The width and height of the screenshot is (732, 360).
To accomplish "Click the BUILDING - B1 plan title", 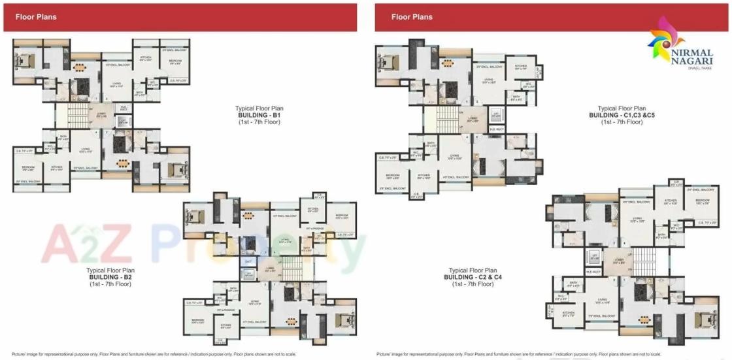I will coord(258,115).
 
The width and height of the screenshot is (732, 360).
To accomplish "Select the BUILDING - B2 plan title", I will coord(110,277).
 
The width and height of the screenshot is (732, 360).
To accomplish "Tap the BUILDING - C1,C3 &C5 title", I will coord(622,115).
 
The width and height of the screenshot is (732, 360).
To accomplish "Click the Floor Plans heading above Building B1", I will coord(36,17).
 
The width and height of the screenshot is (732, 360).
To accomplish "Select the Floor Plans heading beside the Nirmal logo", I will coord(412,17).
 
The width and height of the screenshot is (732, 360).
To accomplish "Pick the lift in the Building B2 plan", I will coord(249,275).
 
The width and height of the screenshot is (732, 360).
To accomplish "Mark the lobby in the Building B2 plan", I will coord(270,267).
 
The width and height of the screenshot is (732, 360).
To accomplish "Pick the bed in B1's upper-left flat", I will coord(27,61).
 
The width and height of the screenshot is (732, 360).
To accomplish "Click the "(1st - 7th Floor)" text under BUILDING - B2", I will coord(110,284).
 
